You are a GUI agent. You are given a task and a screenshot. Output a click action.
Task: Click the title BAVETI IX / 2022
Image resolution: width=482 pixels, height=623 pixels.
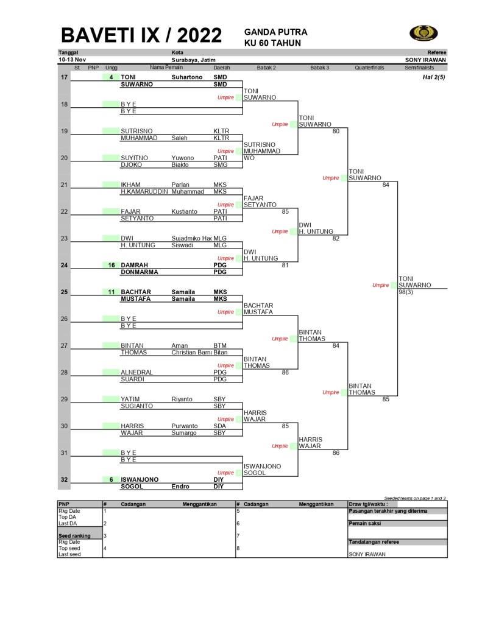(x=141, y=35)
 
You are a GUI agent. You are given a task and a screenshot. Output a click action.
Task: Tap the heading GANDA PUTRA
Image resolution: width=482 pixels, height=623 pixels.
(x=275, y=32)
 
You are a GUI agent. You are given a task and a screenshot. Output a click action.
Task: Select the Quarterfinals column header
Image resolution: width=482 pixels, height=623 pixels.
(x=369, y=68)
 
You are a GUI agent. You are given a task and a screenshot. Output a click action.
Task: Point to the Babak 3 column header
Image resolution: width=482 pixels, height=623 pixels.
(x=319, y=68)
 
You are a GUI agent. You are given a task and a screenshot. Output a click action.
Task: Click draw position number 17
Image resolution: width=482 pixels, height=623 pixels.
(x=64, y=77)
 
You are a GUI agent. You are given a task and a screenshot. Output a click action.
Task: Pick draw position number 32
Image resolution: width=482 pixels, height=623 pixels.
(x=64, y=479)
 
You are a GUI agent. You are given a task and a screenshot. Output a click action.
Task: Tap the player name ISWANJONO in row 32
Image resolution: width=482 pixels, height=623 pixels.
(x=140, y=479)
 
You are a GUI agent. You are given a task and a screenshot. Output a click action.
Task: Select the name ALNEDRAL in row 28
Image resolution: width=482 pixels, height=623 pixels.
(x=136, y=372)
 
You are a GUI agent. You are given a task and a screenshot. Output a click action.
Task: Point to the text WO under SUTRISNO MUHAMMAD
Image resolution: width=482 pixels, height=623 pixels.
(x=249, y=158)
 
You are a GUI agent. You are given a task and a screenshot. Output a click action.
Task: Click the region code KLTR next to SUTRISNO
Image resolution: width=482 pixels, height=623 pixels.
(x=221, y=131)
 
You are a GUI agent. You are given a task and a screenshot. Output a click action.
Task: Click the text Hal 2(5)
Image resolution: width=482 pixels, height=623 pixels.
(x=434, y=77)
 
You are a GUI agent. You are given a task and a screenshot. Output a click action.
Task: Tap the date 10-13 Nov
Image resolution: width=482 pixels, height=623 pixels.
(x=72, y=60)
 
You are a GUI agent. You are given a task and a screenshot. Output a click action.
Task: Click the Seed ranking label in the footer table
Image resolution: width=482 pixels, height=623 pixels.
(x=74, y=536)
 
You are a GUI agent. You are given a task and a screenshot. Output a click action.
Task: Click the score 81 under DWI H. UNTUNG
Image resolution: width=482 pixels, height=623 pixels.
(x=284, y=265)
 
